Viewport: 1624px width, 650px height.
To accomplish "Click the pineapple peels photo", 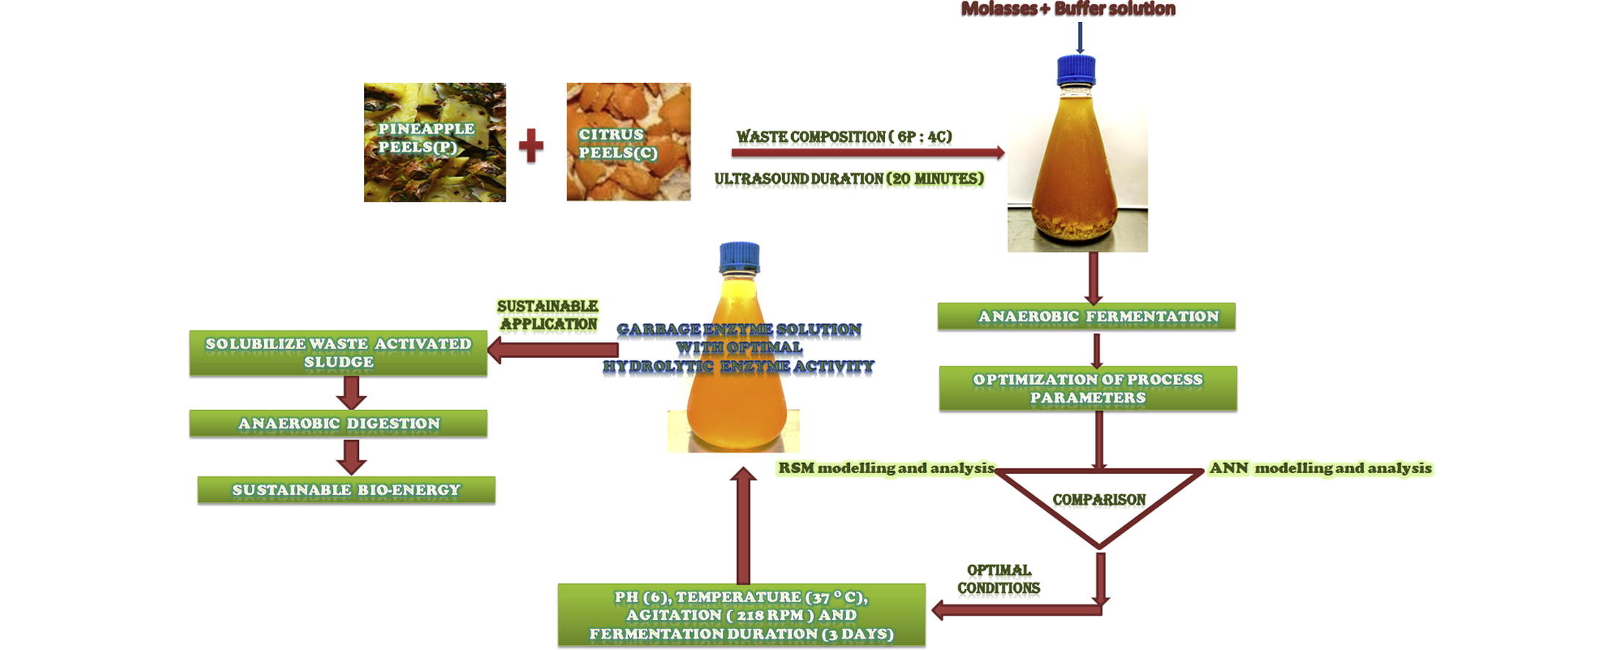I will [434, 142].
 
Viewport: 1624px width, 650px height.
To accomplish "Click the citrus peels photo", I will [628, 142].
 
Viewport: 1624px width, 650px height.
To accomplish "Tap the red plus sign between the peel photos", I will [531, 145].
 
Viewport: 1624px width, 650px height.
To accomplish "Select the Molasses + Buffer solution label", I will [1068, 10].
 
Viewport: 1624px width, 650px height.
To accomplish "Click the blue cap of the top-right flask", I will [1076, 70].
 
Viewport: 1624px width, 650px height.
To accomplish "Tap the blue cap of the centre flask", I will [739, 257].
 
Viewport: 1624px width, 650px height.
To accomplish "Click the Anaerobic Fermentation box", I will [1086, 316].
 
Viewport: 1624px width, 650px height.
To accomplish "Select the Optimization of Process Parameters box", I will [1088, 388].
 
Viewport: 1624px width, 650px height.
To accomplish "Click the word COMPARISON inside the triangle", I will [1099, 500].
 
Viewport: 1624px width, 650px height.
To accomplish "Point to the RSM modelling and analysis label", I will [886, 468].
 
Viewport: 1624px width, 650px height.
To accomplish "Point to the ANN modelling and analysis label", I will [1320, 468].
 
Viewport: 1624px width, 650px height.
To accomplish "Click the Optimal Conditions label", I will [999, 579].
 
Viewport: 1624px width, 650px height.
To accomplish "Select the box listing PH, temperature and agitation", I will [741, 615].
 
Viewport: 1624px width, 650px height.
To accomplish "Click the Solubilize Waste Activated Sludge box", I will [338, 353].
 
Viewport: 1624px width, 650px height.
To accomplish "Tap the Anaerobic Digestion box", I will [338, 423].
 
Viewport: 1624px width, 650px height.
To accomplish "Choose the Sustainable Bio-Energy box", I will [346, 489].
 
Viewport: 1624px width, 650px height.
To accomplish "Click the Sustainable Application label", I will [547, 315].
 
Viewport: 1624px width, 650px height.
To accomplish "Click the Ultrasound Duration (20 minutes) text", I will [849, 179].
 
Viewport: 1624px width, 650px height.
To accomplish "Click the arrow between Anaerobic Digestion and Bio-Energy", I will [352, 456].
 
